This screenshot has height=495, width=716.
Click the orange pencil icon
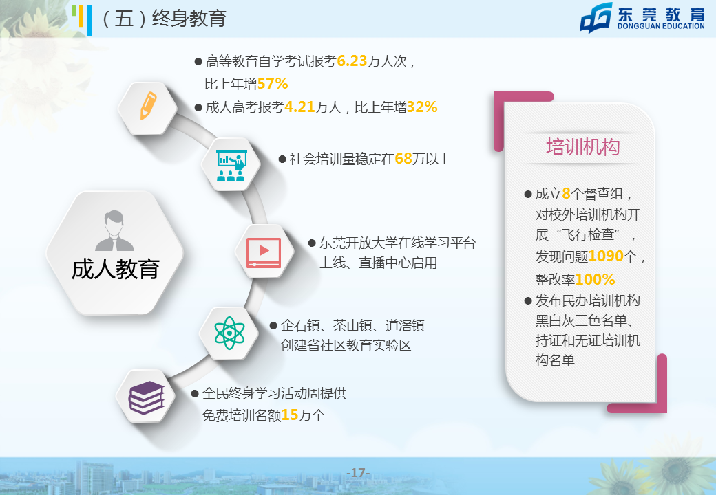148,106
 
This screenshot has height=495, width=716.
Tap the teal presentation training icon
231,165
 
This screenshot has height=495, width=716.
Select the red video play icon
264,252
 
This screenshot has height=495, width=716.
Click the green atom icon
229,333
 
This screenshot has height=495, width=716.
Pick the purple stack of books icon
146,397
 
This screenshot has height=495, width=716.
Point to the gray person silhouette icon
114,230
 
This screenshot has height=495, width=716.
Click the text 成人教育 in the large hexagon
115,269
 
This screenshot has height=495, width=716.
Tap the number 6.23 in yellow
352,61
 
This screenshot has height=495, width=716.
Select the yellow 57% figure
273,84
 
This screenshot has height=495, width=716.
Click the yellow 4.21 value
299,107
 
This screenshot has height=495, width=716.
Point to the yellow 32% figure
422,107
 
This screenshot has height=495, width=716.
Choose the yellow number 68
403,159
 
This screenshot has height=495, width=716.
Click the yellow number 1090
606,256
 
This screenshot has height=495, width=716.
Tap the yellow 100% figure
595,279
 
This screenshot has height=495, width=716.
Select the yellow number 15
290,415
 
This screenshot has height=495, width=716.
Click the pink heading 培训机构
582,147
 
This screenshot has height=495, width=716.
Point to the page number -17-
358,473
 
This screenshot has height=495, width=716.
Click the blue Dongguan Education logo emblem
596,18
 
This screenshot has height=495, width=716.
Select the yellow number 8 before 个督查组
566,194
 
